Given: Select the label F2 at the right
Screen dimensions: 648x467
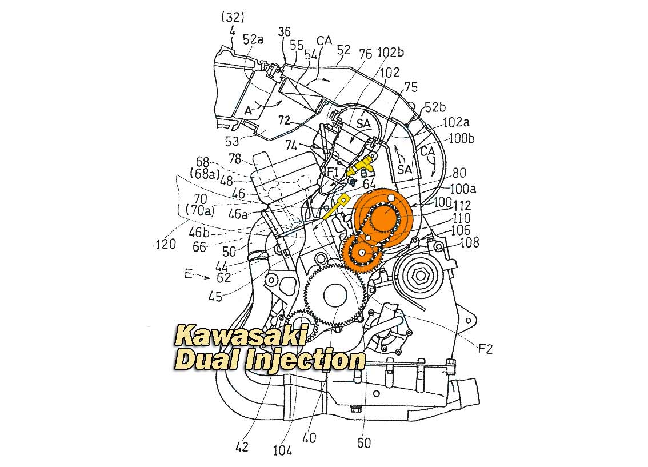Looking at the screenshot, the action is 486,349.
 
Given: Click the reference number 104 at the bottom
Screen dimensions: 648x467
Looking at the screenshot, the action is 283,450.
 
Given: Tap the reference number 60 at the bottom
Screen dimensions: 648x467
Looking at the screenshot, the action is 363,443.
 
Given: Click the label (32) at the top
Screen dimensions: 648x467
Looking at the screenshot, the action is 233,17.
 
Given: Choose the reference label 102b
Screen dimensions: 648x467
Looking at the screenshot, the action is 390,53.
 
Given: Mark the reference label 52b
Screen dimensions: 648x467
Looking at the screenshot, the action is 435,107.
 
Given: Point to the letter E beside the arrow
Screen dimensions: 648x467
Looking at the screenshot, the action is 189,274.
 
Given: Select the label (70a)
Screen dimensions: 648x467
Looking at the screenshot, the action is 200,211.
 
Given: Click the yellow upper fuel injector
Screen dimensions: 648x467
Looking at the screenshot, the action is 361,166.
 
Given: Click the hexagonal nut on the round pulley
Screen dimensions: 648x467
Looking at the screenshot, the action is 421,275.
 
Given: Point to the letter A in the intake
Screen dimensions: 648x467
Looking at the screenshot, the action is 248,110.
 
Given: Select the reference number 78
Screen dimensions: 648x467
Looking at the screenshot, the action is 235,159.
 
